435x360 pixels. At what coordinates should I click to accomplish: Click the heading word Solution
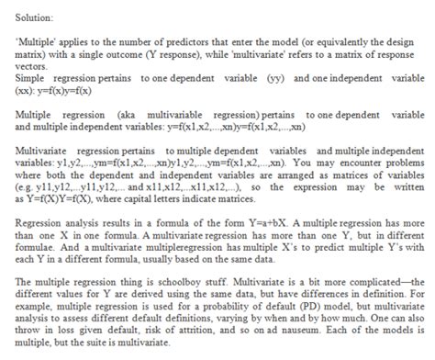34,18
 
